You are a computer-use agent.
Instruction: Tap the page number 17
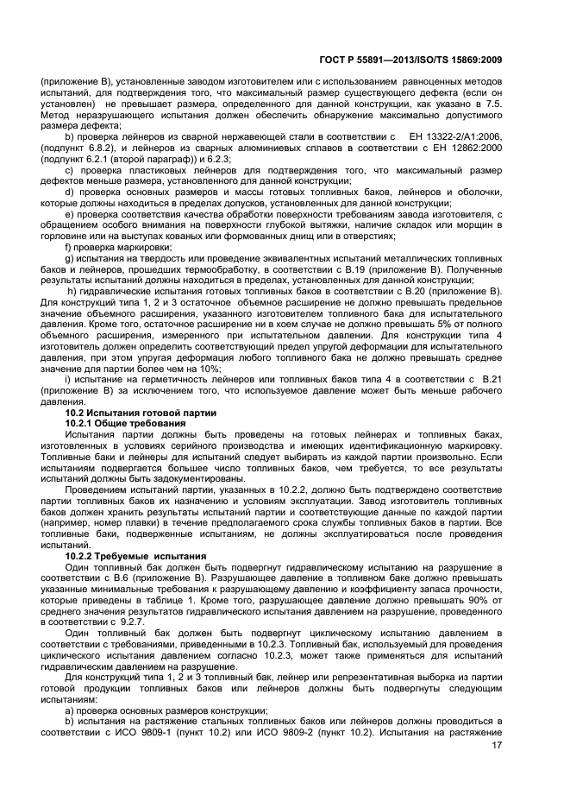498,745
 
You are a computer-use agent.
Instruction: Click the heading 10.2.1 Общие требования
125,424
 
